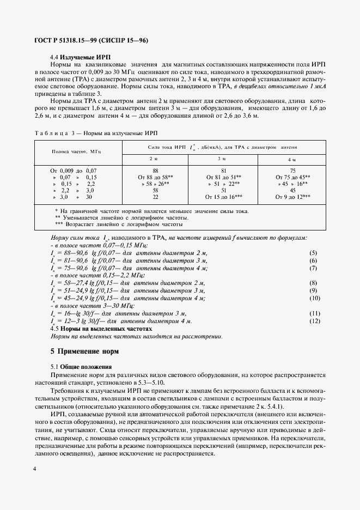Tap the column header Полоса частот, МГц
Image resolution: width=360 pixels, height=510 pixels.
click(77, 151)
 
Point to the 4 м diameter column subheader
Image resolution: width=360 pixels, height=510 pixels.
click(292, 159)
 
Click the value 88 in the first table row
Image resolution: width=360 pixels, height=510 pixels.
click(155, 171)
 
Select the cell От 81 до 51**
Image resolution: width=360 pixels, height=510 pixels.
click(223, 177)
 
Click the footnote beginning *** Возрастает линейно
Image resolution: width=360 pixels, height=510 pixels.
click(119, 224)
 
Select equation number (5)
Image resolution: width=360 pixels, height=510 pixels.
click(313, 253)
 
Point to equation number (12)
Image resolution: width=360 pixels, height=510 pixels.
click(314, 321)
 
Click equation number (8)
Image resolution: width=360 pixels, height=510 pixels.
click(313, 283)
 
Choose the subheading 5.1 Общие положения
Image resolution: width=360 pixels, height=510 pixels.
click(81, 367)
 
